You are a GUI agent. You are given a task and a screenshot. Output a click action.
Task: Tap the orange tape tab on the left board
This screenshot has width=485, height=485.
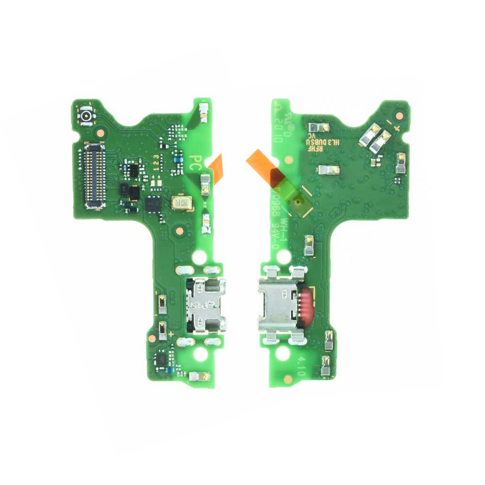[216, 168]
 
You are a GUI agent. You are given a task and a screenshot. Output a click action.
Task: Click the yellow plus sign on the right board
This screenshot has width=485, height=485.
[396, 128]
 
